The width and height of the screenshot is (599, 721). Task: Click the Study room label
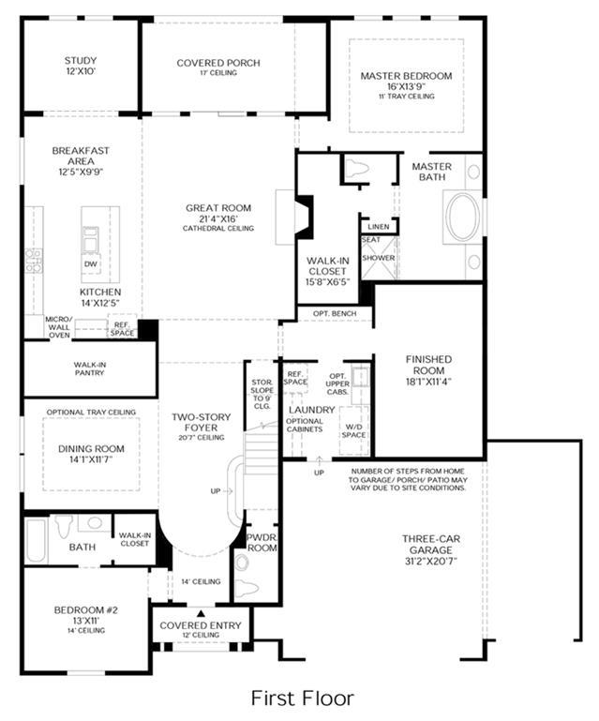[81, 60]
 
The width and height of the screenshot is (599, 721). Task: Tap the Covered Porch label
[218, 63]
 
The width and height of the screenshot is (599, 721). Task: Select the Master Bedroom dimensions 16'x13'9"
[407, 86]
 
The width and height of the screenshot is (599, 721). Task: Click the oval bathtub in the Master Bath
[462, 217]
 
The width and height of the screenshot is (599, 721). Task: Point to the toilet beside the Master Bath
[356, 168]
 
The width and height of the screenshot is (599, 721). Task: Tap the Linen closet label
[379, 227]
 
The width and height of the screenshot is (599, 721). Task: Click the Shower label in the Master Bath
[379, 258]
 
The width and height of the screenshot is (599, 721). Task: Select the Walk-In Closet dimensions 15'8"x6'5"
[328, 282]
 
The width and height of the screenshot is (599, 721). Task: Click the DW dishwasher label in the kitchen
[91, 264]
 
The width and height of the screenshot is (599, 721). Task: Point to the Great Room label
[218, 208]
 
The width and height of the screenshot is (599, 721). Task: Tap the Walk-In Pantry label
[90, 368]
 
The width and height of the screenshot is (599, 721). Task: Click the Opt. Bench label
[335, 313]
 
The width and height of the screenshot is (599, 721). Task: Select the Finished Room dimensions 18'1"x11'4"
[429, 382]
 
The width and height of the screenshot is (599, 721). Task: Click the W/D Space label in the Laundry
[353, 431]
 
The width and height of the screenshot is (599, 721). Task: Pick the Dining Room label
[91, 449]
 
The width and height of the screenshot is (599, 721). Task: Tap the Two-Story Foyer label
[202, 422]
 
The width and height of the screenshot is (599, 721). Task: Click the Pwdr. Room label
[262, 543]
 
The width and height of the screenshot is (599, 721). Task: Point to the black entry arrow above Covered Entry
[201, 613]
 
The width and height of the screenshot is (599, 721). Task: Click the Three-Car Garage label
[431, 545]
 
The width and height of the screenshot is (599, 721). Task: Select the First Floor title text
[303, 698]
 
